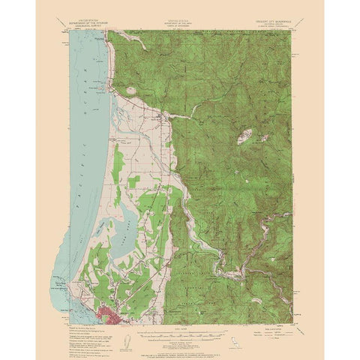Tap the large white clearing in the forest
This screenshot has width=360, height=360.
click(x=245, y=137)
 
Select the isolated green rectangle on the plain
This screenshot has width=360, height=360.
click(x=134, y=181)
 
